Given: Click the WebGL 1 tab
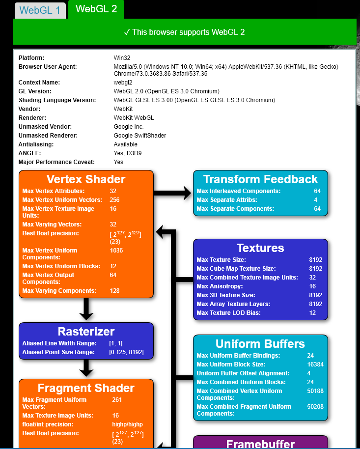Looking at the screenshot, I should tap(40, 10).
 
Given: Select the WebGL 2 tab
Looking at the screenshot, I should tap(96, 9).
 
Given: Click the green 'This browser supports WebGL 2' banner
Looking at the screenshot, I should tap(184, 32).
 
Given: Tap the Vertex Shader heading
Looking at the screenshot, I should tap(86, 179).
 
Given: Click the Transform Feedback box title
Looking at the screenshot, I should tap(260, 179).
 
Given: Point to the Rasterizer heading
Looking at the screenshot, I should tap(86, 331).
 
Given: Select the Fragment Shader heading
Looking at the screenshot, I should tap(86, 388).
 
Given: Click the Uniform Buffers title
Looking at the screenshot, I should tap(260, 344).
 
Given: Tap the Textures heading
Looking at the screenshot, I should tap(260, 248).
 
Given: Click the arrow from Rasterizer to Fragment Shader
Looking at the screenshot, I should tap(86, 368).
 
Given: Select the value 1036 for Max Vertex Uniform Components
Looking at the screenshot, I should tap(116, 251).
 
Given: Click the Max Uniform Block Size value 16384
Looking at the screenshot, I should tap(315, 365).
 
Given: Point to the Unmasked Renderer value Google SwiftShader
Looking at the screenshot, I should tap(140, 136).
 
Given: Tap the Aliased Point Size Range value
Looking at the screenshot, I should tap(126, 352).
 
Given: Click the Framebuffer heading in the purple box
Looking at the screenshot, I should tap(260, 444).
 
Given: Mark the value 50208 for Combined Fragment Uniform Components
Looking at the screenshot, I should tap(315, 407).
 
